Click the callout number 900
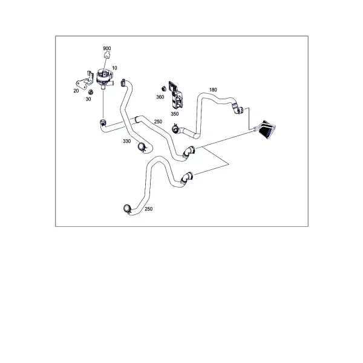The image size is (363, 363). click(107, 48)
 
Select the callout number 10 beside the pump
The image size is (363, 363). click(114, 68)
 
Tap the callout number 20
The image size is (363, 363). click(76, 91)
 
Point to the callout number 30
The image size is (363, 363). click(88, 99)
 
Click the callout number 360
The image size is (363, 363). click(160, 97)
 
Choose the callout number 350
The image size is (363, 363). click(175, 114)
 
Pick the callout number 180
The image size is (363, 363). click(213, 90)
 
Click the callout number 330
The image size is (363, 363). click(127, 141)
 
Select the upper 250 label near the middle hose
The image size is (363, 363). click(158, 122)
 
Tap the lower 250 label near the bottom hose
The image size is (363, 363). click(149, 209)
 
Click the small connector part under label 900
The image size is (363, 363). click(107, 55)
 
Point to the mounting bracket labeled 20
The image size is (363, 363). click(83, 81)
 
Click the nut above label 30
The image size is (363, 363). click(91, 92)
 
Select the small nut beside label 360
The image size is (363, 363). click(164, 89)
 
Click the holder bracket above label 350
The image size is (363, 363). click(176, 95)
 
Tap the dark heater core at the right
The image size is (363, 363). click(267, 129)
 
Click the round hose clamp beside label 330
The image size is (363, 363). click(142, 147)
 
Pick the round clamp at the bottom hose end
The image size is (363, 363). click(127, 209)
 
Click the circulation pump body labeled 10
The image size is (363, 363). click(105, 78)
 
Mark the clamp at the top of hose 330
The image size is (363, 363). click(123, 82)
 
